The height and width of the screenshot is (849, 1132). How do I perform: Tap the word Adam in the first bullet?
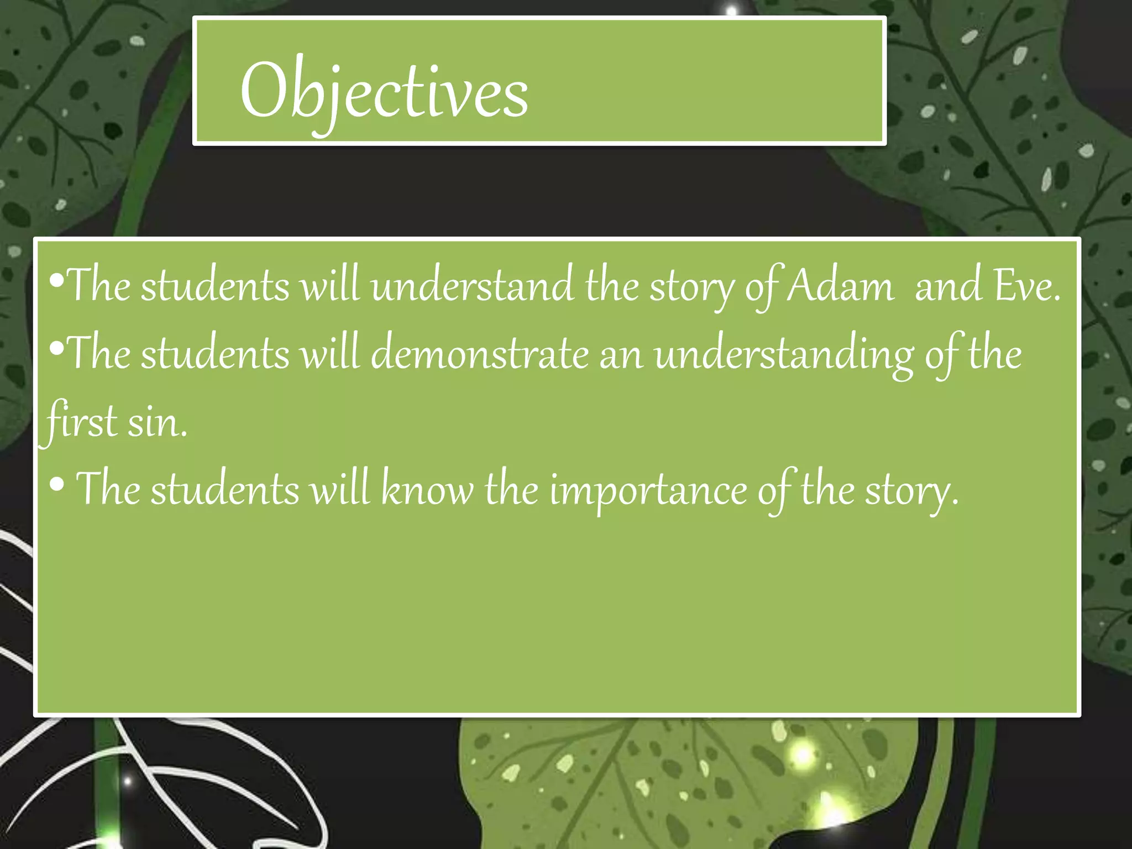[840, 286]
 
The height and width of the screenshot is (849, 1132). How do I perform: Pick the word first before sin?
[80, 421]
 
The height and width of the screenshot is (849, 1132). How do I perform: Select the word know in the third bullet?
[427, 489]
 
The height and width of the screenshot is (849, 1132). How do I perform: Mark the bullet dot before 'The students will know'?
[56, 485]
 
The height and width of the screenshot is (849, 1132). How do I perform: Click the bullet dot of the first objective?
[56, 281]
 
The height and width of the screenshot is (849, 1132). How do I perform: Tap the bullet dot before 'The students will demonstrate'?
[56, 348]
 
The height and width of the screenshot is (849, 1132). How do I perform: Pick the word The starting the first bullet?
[98, 286]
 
